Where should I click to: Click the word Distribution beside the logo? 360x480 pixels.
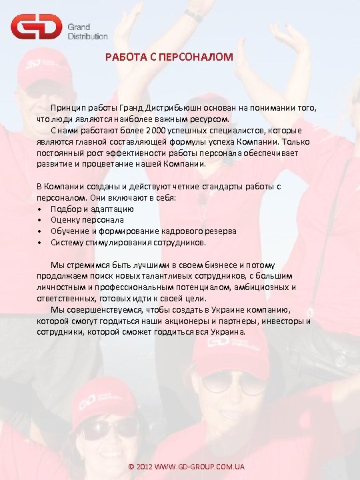point(87,36)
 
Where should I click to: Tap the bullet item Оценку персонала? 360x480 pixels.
point(87,219)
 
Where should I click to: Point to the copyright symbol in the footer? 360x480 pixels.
point(131,466)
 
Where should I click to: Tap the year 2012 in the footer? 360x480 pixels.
point(145,466)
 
